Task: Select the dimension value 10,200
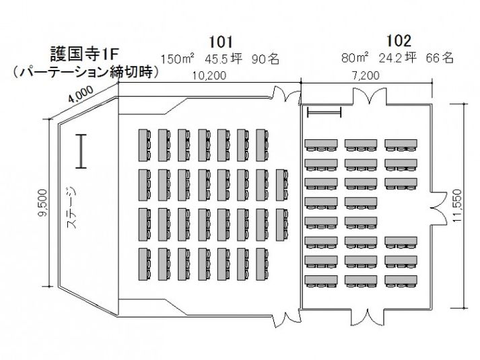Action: pos(209,76)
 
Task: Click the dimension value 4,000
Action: pos(84,96)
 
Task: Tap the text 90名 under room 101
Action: pos(265,59)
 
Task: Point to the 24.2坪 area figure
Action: pos(397,59)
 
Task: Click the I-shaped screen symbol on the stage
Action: pos(80,151)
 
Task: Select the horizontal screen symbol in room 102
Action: pos(324,112)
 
